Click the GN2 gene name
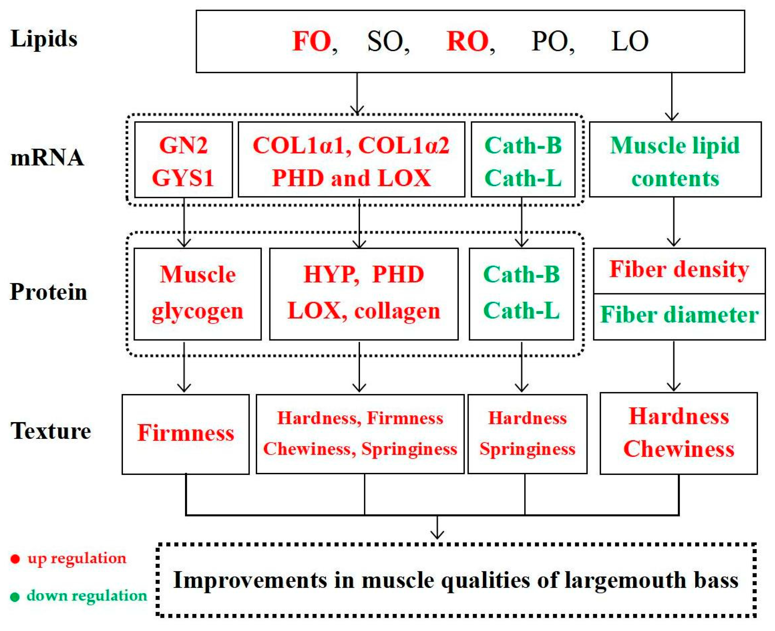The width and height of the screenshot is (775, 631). (183, 146)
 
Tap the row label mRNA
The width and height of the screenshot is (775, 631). (47, 158)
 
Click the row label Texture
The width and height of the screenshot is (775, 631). (51, 431)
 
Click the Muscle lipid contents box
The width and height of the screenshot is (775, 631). (675, 160)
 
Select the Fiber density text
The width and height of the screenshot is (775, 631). (679, 269)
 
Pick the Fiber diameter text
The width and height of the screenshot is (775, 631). (679, 315)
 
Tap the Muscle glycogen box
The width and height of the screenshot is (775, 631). (198, 294)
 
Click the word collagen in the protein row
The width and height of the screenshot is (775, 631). (397, 311)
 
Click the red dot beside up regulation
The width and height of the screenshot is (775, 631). (15, 559)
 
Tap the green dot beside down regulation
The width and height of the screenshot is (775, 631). (15, 597)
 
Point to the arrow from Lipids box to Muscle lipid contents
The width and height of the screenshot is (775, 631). (671, 96)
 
